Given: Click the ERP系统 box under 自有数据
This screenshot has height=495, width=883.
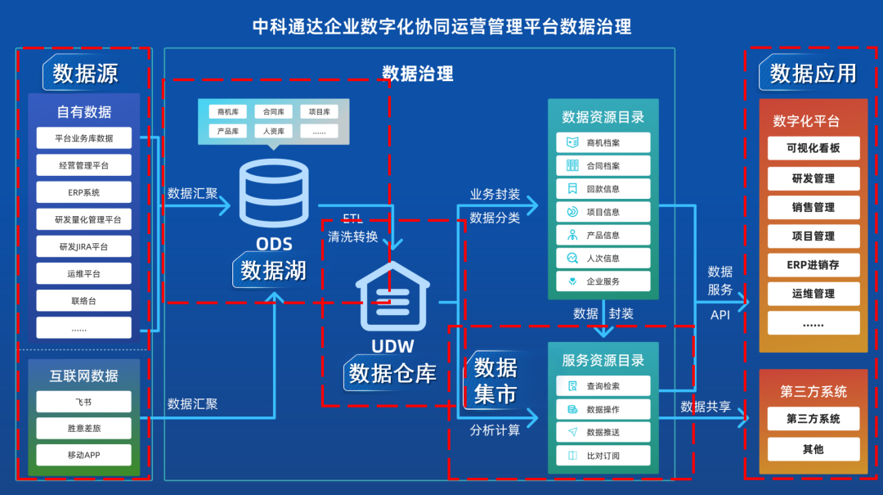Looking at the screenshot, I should tap(83, 192).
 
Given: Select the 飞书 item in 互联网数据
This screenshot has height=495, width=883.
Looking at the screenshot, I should tap(83, 402).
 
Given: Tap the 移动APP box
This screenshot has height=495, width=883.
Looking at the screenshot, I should tap(83, 455).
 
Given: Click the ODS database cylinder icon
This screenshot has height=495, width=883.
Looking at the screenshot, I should tap(274, 194).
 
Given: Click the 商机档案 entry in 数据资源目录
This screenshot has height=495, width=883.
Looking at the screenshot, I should tap(603, 142).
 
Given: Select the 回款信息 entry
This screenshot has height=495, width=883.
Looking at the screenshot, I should tap(603, 189).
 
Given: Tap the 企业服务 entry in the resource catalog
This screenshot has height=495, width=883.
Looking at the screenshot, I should tap(603, 281).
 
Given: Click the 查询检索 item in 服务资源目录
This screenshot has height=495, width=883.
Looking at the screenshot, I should tap(603, 385).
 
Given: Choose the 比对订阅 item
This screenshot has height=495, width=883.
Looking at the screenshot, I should tap(603, 456).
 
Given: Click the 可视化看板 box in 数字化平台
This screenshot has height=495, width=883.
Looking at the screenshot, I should tap(813, 148).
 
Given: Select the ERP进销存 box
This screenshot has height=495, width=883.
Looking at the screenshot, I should tap(813, 265).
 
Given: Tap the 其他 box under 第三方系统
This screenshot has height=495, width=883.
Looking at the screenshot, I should tap(813, 449).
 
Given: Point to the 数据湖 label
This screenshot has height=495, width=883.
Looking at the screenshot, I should tap(274, 270).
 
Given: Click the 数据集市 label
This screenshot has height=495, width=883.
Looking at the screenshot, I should tap(495, 380).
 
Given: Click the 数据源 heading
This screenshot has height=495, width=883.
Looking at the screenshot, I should tap(86, 74).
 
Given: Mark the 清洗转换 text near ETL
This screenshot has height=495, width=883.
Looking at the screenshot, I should tap(353, 236).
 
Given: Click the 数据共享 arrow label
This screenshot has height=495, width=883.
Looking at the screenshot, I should tap(706, 407).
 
